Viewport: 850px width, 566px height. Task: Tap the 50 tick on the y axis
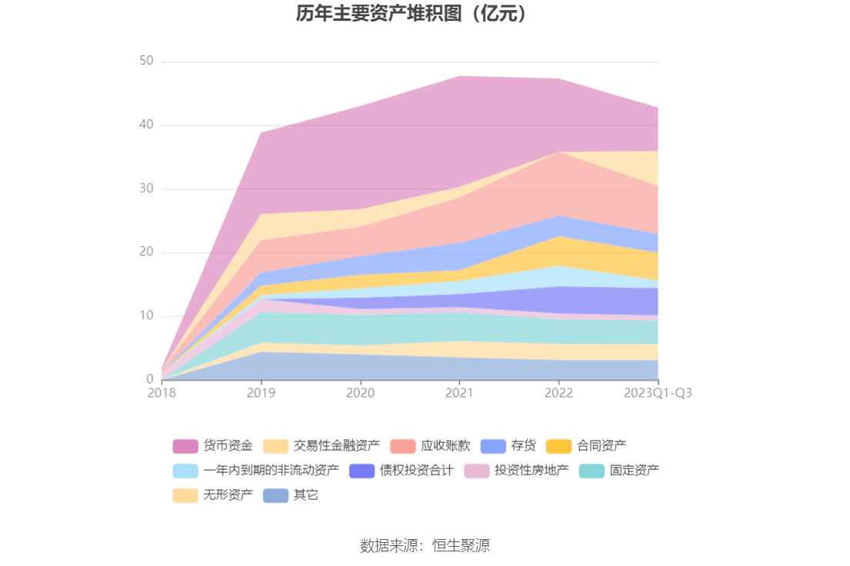146,61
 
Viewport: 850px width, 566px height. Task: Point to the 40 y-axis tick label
146,125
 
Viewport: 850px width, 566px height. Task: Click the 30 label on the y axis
146,188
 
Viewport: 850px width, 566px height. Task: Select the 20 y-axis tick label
146,252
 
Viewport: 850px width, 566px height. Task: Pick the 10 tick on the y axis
146,316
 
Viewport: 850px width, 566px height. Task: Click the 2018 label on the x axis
162,393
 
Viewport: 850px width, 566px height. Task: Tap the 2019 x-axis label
261,393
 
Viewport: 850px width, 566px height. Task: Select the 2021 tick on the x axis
459,393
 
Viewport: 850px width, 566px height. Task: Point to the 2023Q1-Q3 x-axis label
658,393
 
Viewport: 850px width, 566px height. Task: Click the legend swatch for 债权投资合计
362,471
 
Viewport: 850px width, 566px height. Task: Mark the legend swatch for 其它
275,495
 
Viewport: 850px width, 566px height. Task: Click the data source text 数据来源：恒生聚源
425,546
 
